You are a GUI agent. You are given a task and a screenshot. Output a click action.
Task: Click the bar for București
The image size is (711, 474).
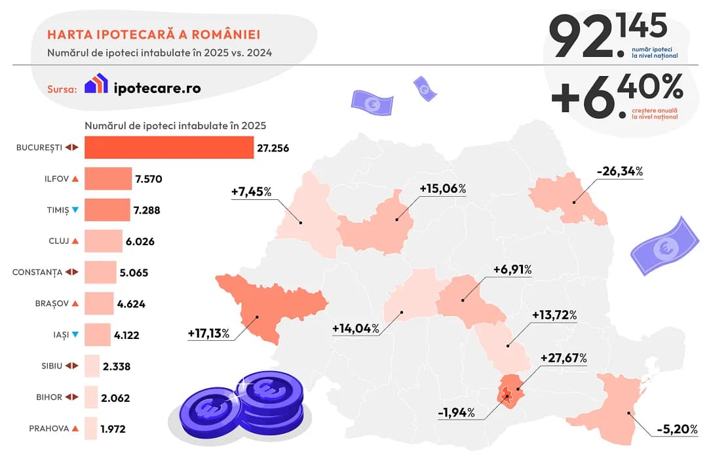click(168, 148)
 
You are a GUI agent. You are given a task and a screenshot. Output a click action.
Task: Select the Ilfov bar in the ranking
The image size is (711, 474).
click(108, 178)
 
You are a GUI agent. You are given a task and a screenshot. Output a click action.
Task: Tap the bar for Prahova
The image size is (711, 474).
click(90, 429)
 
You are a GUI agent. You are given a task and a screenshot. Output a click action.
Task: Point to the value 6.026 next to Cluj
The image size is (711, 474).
click(140, 241)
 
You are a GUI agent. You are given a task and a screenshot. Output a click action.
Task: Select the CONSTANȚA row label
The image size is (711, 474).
click(37, 272)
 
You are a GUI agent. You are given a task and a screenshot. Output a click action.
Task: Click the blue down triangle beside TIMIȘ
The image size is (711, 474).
click(75, 210)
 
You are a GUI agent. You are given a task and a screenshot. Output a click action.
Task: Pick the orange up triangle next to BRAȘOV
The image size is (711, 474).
click(75, 304)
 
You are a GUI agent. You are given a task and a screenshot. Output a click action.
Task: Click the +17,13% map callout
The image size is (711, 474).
click(208, 334)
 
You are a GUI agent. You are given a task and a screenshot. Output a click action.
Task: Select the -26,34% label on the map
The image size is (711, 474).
click(620, 172)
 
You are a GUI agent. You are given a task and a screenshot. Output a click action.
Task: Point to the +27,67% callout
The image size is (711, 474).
click(564, 358)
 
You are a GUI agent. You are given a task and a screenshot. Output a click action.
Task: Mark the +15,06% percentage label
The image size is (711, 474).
click(442, 189)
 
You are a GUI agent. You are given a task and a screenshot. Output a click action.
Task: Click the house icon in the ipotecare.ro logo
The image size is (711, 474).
click(96, 84)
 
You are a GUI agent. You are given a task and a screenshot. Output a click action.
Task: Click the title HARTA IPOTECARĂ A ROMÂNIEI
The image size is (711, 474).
click(153, 34)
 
